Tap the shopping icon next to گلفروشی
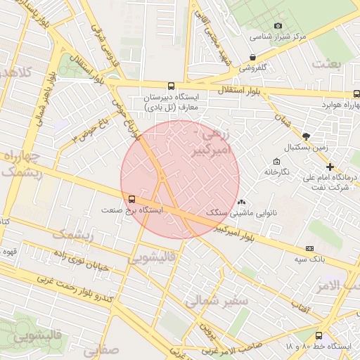(x=252, y=58)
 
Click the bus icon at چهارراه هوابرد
(x=356, y=94)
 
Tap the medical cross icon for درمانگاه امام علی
(x=330, y=167)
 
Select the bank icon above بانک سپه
(x=310, y=248)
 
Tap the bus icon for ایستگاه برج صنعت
(x=131, y=198)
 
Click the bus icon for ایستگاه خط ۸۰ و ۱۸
(x=320, y=335)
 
